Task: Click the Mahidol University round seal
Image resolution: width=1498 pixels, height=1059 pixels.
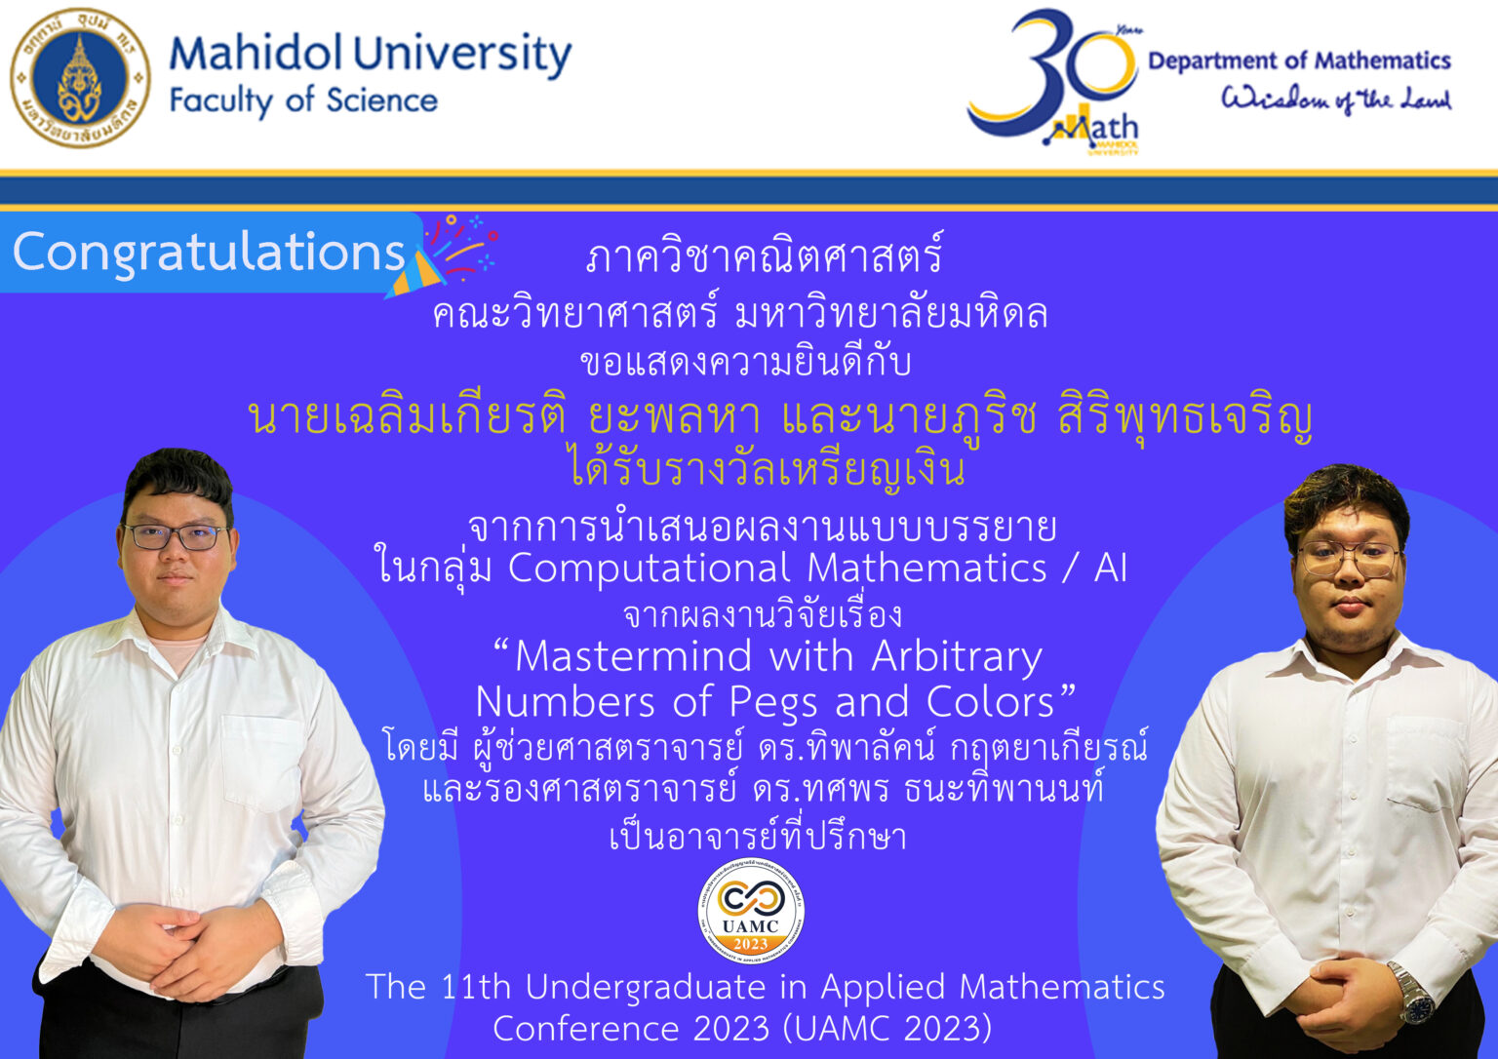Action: (80, 77)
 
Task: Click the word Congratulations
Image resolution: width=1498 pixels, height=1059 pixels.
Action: (209, 253)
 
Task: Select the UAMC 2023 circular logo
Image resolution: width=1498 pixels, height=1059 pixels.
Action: (751, 912)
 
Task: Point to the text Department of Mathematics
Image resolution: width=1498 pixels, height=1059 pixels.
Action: (1299, 60)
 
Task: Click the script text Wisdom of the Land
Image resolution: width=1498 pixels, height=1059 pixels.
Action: (1336, 99)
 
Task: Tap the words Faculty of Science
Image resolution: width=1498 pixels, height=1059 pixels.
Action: (303, 100)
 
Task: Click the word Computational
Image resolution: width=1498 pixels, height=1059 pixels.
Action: (650, 569)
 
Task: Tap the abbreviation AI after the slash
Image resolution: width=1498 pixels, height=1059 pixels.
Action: (1110, 569)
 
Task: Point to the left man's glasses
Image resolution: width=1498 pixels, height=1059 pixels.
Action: (176, 536)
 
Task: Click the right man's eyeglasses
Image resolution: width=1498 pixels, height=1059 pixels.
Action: (1350, 558)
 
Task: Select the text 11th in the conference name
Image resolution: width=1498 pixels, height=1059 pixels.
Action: (475, 987)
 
